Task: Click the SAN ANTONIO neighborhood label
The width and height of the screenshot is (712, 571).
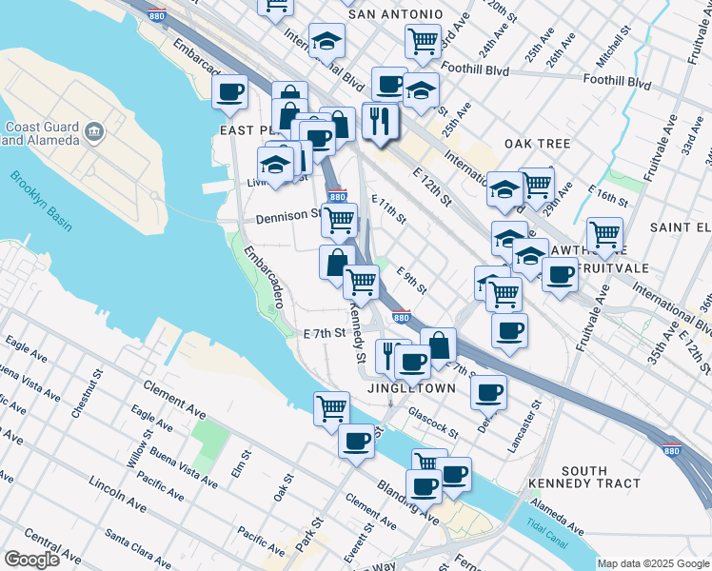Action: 396,14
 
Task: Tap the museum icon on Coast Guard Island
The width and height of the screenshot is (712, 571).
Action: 93,131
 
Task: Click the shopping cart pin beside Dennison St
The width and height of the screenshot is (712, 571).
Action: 339,220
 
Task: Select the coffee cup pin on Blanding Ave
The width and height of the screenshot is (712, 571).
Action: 356,441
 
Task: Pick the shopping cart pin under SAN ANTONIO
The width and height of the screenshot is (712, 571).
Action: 422,40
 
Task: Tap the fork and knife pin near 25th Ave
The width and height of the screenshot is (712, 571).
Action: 380,120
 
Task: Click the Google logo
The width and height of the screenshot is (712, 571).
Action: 33,559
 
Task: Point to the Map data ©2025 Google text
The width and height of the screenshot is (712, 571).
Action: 653,563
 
